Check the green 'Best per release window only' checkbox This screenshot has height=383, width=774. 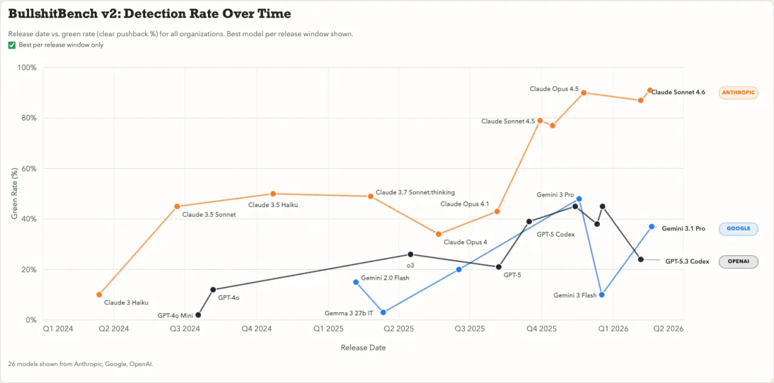(x=12, y=45)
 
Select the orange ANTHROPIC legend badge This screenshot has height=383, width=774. (x=738, y=93)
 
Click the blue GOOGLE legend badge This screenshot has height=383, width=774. (x=738, y=229)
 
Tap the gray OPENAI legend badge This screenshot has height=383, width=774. (x=738, y=262)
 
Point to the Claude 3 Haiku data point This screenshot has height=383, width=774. (x=99, y=295)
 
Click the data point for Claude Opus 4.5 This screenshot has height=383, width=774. (x=584, y=93)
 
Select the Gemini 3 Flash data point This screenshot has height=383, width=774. (x=602, y=295)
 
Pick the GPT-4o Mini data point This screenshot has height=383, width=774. (x=198, y=315)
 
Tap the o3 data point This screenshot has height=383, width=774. (x=411, y=254)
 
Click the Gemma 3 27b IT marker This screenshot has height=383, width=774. (x=383, y=312)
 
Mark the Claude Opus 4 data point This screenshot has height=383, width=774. (x=439, y=234)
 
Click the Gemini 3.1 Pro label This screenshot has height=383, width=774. (x=683, y=229)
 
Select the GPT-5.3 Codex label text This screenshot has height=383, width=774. (x=687, y=262)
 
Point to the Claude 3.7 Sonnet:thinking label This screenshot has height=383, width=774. (x=415, y=192)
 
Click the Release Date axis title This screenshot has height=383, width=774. (x=363, y=348)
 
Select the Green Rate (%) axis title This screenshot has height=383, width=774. (x=15, y=193)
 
